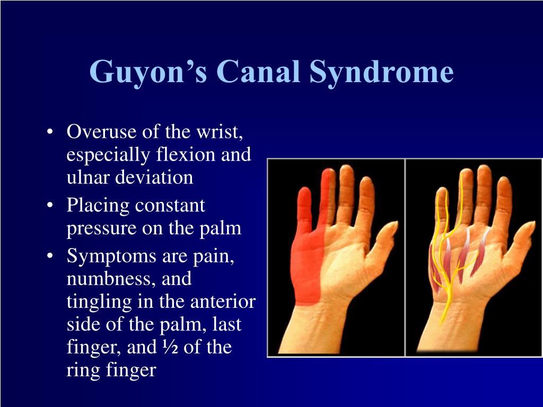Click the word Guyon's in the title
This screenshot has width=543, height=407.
[148, 72]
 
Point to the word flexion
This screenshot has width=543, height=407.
[187, 154]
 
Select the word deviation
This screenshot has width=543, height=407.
[154, 177]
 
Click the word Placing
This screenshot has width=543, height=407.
[98, 206]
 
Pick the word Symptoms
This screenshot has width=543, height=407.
[111, 257]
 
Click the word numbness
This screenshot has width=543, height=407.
[111, 279]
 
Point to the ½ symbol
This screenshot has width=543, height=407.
[170, 347]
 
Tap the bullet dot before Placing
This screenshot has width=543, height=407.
[50, 206]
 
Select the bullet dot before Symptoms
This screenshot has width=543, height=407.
[50, 256]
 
